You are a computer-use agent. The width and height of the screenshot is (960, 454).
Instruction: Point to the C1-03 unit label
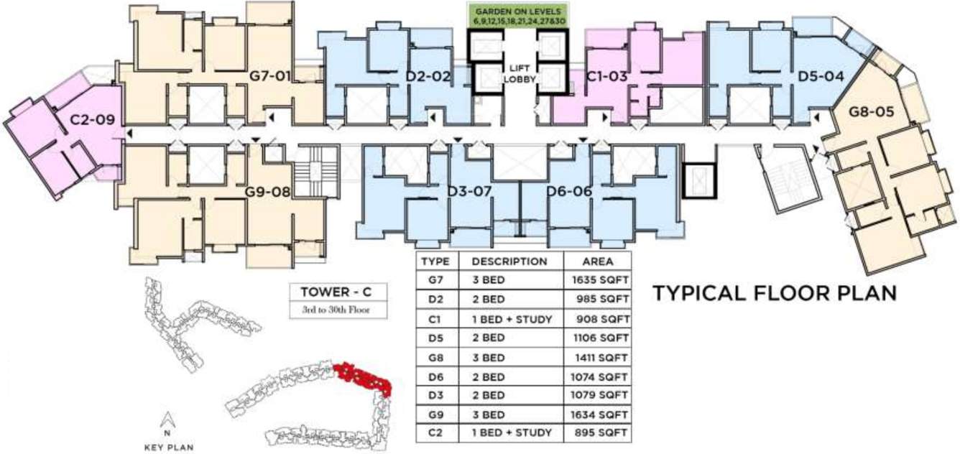[607, 75]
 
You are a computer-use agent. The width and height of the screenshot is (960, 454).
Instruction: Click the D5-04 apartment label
[821, 75]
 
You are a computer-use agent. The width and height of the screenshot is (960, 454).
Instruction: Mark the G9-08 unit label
[267, 192]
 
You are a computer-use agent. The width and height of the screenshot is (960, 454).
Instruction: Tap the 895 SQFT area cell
[599, 432]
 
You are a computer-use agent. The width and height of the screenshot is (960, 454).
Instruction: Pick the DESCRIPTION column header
[509, 261]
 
